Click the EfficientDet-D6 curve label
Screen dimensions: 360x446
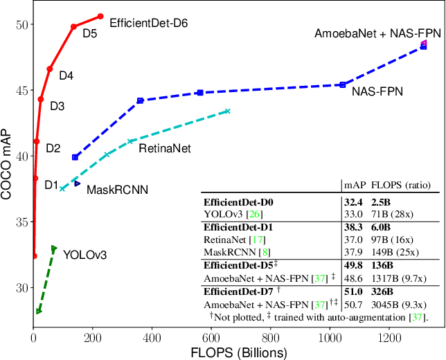(149, 23)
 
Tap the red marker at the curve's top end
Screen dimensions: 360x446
(100, 16)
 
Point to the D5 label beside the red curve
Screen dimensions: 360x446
(89, 33)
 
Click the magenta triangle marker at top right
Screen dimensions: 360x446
(424, 43)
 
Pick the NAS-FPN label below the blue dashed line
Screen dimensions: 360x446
(377, 91)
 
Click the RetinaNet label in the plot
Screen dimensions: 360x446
(165, 147)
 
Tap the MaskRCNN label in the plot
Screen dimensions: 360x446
(117, 188)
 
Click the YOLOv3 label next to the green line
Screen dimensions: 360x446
(84, 253)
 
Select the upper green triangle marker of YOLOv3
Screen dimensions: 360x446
(54, 249)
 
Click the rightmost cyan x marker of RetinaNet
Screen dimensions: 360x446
(227, 111)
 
